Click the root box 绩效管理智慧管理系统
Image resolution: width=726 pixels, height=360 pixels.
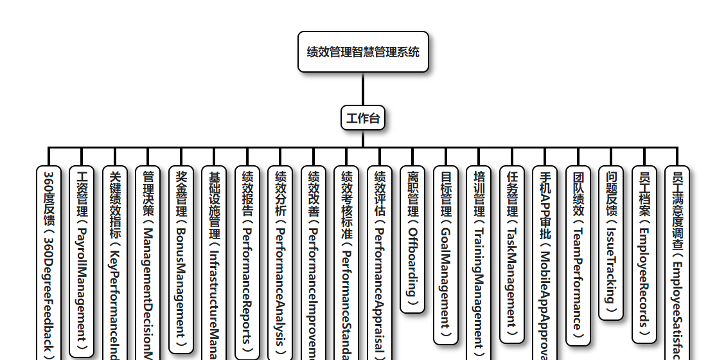pyautogui.click(x=363, y=52)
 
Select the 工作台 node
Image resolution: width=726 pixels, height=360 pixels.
pyautogui.click(x=363, y=118)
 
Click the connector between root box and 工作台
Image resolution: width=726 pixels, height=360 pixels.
pyautogui.click(x=363, y=89)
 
